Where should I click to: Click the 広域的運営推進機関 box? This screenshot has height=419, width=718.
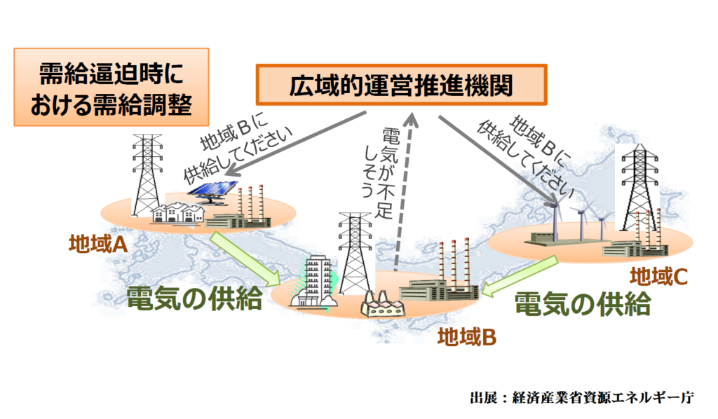coord(401,85)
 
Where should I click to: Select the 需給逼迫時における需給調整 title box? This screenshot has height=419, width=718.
coord(111,87)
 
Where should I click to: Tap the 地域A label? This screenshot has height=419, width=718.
coord(98,244)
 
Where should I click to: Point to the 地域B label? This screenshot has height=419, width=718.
coord(466,337)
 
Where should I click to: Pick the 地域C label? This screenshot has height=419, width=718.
coord(658,276)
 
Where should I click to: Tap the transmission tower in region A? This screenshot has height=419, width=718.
coord(147,174)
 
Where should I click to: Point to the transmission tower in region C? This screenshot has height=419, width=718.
coord(639,188)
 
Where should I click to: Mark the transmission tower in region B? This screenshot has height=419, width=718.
coord(355,254)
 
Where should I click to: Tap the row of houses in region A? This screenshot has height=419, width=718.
coord(177,213)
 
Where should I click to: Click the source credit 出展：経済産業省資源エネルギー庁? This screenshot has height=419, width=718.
coord(582,397)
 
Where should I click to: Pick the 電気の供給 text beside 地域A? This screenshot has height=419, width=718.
coord(195,298)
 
